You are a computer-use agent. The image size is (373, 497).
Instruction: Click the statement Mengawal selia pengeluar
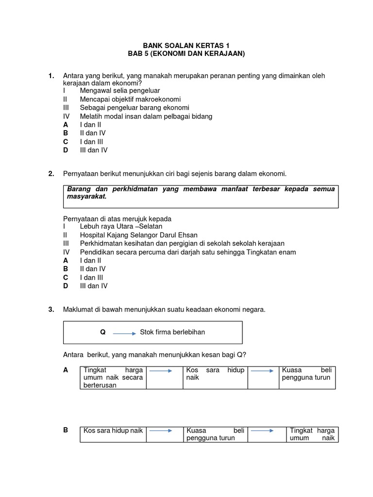[x=120, y=91]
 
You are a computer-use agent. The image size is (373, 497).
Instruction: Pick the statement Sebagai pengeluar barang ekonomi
[x=135, y=108]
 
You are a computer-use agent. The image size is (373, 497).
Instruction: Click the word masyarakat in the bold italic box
[x=86, y=197]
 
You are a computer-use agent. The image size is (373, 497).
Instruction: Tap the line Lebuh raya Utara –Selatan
[x=121, y=226]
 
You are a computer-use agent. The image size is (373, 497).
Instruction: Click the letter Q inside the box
[x=102, y=332]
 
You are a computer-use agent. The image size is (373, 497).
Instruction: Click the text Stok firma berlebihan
[x=172, y=332]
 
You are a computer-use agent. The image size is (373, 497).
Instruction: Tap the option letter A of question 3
[x=66, y=370]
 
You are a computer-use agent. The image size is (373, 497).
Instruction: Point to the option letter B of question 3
[x=66, y=430]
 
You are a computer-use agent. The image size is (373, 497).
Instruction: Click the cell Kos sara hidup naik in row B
[x=113, y=431]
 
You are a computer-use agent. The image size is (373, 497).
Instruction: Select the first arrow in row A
[x=161, y=371]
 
